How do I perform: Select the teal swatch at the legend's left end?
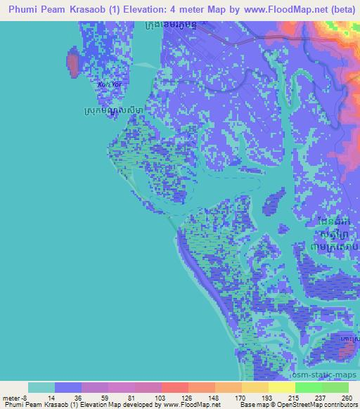click(41, 387)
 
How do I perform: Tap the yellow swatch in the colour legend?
click(281, 387)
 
